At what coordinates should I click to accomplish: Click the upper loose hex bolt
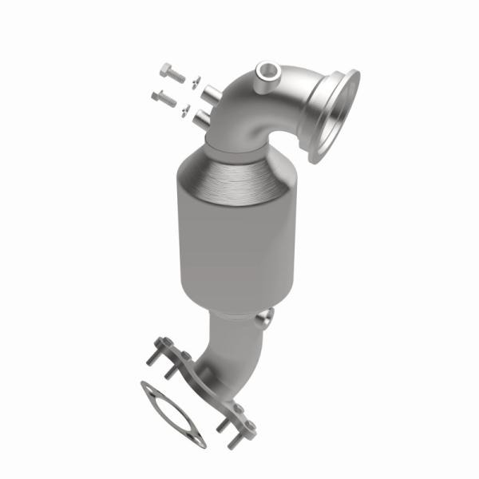(x=172, y=73)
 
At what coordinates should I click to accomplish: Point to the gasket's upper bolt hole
(x=147, y=388)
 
